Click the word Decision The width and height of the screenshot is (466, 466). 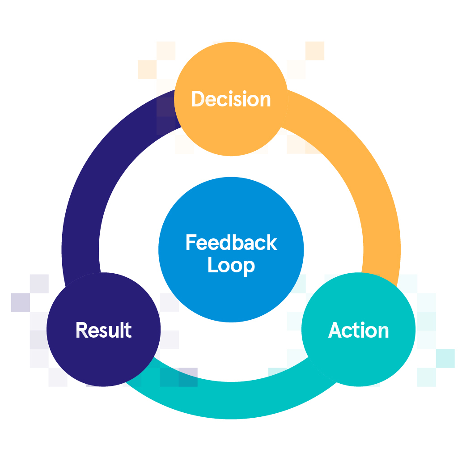click(231, 99)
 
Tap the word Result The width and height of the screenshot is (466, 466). click(103, 330)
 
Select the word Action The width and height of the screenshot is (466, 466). click(358, 330)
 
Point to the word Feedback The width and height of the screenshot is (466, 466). click(231, 243)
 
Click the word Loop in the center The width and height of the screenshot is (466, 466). click(231, 266)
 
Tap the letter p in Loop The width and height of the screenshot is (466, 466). click(249, 267)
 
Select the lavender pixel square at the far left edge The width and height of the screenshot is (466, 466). click(20, 302)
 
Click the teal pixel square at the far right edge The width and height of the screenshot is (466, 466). click(445, 358)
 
